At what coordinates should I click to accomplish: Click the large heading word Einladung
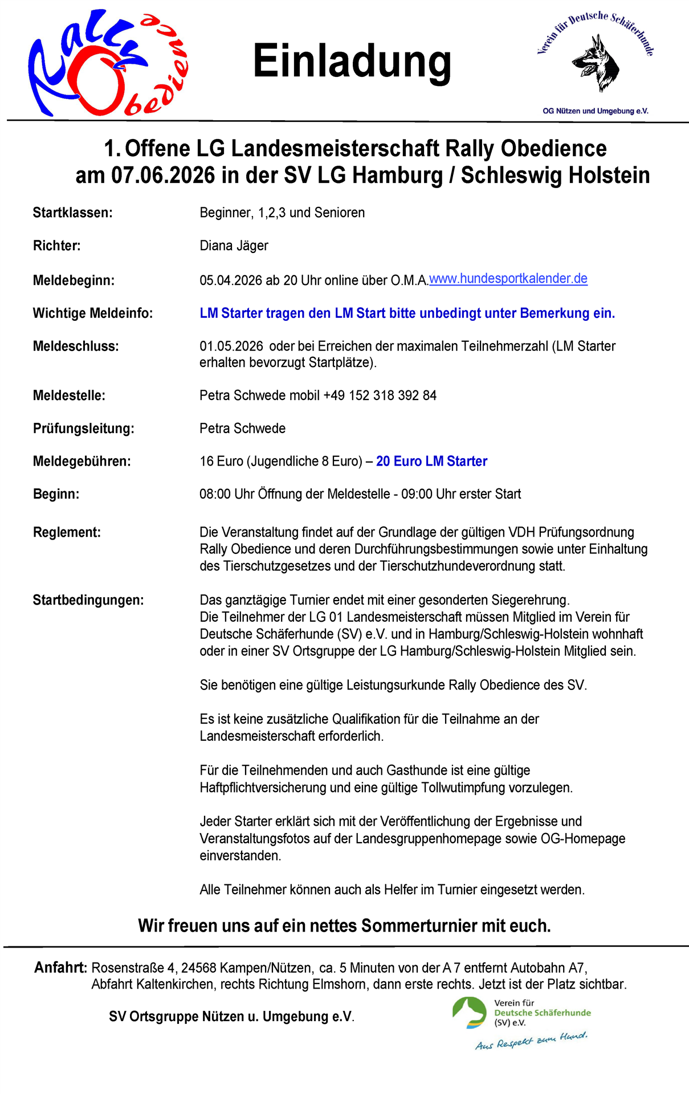tap(352, 62)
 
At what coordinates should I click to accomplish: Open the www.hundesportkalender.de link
tap(508, 279)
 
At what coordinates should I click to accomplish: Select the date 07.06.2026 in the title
tap(163, 175)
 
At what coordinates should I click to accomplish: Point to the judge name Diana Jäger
tap(234, 246)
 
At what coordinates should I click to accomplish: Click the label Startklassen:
tap(72, 213)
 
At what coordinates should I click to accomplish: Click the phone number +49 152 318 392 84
tap(380, 395)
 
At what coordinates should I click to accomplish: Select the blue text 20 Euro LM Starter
tap(431, 461)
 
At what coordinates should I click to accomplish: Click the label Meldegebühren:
tap(81, 461)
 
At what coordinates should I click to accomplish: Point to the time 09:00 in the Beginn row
tap(417, 494)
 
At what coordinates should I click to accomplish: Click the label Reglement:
tap(67, 532)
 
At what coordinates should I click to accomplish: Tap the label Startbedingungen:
tap(88, 600)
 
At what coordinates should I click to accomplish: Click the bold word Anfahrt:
tap(60, 968)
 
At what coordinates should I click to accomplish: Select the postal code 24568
tap(199, 968)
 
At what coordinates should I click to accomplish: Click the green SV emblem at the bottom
tap(470, 1013)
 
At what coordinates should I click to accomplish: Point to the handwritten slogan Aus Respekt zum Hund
tap(531, 1040)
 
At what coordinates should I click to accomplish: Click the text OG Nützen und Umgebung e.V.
tap(595, 111)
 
